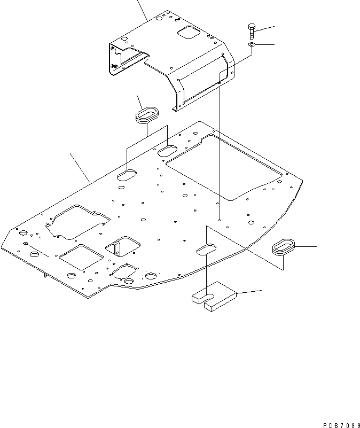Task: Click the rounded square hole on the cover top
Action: pyautogui.click(x=187, y=33)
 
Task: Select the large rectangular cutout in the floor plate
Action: pyautogui.click(x=224, y=166)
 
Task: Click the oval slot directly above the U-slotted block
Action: pyautogui.click(x=206, y=248)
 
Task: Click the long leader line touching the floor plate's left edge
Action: pyautogui.click(x=80, y=168)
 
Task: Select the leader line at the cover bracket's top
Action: pyautogui.click(x=142, y=11)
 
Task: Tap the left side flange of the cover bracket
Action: pyautogui.click(x=115, y=59)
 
